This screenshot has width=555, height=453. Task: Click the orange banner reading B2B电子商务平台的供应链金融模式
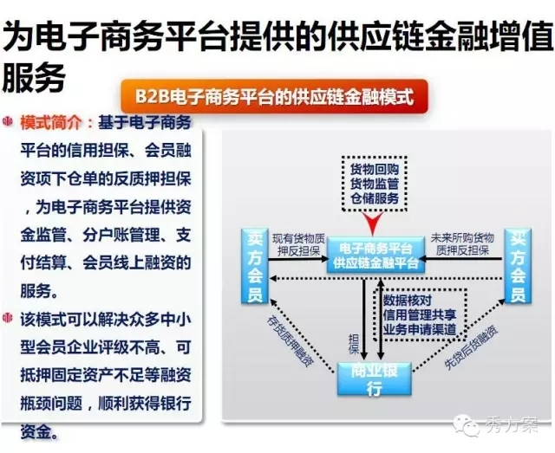[274, 96]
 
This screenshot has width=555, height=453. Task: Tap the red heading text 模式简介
[51, 123]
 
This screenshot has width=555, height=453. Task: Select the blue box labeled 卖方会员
[254, 266]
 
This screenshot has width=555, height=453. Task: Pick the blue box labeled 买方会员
[518, 266]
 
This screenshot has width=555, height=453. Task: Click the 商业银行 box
[375, 379]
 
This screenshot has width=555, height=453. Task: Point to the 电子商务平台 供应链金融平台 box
[375, 255]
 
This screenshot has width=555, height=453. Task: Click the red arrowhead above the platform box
[373, 223]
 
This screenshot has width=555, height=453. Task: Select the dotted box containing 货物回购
[375, 184]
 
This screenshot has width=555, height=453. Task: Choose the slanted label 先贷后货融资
[471, 347]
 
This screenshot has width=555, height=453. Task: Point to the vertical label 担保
[354, 344]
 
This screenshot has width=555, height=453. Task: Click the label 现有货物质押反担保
[298, 244]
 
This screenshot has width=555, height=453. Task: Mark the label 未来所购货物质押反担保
[462, 244]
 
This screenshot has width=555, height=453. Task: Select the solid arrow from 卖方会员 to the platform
[298, 260]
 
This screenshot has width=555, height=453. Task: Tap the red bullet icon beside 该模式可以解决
[8, 318]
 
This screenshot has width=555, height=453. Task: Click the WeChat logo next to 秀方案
[467, 424]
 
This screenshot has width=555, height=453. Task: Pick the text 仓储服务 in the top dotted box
[375, 198]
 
